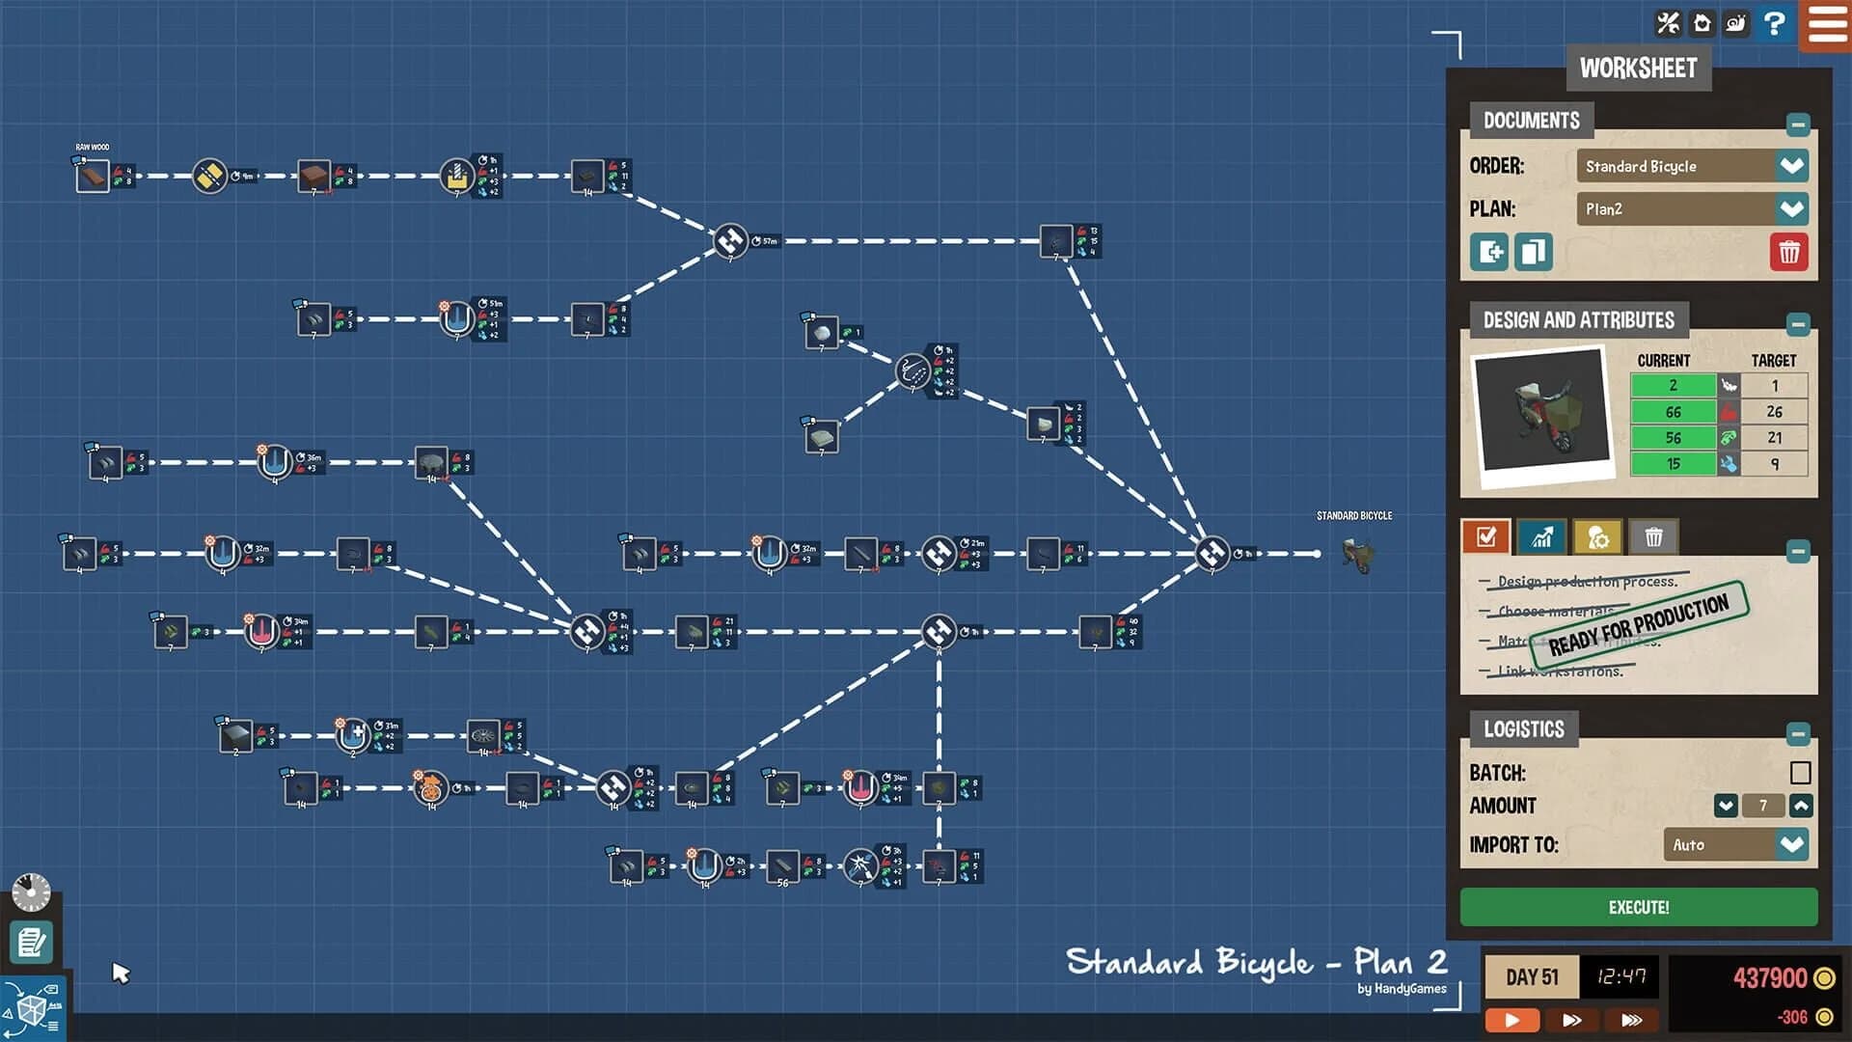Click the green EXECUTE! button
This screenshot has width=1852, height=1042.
click(x=1638, y=907)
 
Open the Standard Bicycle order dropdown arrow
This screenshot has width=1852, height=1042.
click(x=1791, y=166)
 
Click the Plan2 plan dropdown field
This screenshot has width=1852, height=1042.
click(x=1675, y=209)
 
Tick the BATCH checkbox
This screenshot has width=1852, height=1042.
click(x=1800, y=773)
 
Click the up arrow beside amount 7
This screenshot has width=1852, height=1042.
click(x=1801, y=806)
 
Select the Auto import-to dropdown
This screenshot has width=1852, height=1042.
click(x=1734, y=845)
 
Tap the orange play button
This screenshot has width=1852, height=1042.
click(x=1512, y=1020)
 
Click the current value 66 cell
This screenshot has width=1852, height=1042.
click(x=1673, y=412)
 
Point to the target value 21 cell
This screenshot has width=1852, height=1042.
click(x=1774, y=438)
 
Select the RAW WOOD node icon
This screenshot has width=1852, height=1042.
click(x=93, y=177)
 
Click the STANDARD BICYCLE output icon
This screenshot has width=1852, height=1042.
click(x=1358, y=555)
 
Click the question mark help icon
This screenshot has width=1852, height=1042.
click(x=1773, y=22)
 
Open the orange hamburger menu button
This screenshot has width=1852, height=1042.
click(x=1826, y=23)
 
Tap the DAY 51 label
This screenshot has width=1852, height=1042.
click(x=1531, y=977)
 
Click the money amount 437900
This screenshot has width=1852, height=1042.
click(x=1769, y=978)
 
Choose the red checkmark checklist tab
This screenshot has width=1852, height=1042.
click(x=1485, y=537)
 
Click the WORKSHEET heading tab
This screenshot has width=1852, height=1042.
click(x=1638, y=69)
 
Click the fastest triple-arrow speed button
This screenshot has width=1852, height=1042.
click(x=1631, y=1020)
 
